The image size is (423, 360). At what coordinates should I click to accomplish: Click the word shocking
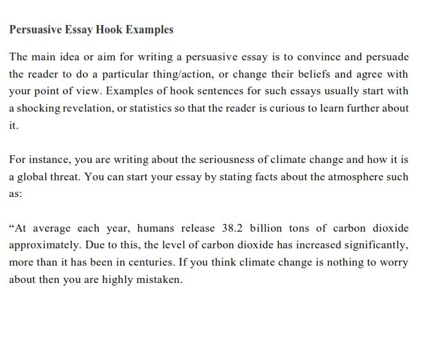tap(38, 108)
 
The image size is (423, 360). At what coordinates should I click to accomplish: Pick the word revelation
tap(85, 108)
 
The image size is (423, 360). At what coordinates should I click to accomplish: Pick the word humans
tap(156, 228)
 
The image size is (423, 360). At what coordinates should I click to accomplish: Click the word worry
tap(395, 263)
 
